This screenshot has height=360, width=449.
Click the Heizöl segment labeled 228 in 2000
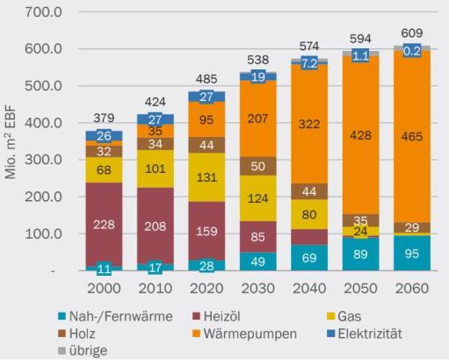click(x=105, y=225)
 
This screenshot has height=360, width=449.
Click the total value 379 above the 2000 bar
click(x=105, y=119)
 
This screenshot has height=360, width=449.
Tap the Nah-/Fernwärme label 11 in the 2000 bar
click(x=105, y=269)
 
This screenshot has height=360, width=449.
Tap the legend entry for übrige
click(x=91, y=348)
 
